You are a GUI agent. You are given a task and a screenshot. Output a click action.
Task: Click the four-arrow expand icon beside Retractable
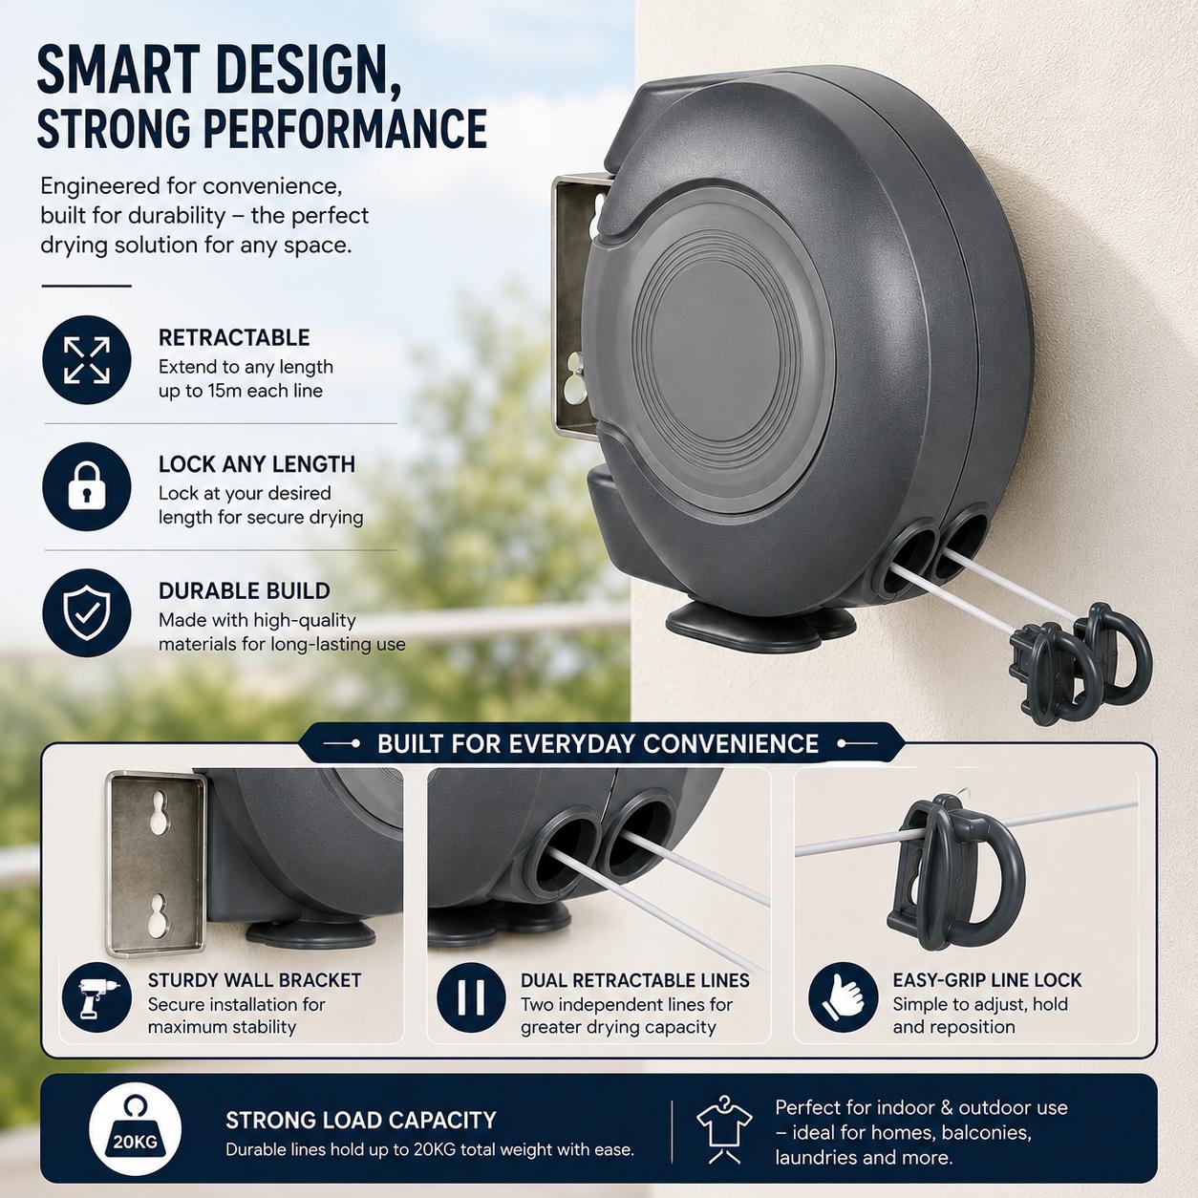click(87, 360)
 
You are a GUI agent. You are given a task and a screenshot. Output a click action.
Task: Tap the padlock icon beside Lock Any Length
click(87, 486)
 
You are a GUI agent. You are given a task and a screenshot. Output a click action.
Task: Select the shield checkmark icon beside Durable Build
click(87, 613)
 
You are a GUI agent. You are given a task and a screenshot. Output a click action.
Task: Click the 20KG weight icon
click(135, 1127)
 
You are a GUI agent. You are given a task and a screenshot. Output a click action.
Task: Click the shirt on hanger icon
click(723, 1129)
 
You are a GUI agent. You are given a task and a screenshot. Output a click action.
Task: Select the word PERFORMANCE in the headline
click(345, 128)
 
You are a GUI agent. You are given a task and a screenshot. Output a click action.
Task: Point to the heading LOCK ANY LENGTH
click(257, 464)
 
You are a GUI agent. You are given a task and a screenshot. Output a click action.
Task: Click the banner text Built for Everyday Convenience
click(597, 743)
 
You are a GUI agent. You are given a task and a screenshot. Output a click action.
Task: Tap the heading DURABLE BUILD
click(245, 591)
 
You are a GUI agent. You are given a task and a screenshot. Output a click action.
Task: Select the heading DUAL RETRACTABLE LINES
click(634, 980)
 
